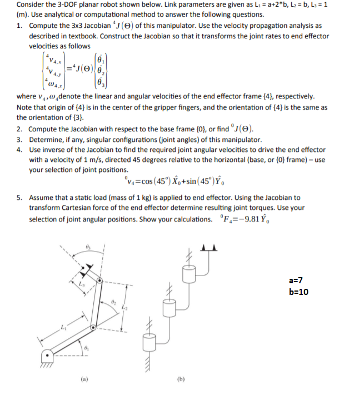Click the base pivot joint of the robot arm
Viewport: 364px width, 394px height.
coord(49,354)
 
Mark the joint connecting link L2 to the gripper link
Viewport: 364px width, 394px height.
coord(99,283)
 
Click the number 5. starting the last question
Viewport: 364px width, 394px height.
coord(20,197)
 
